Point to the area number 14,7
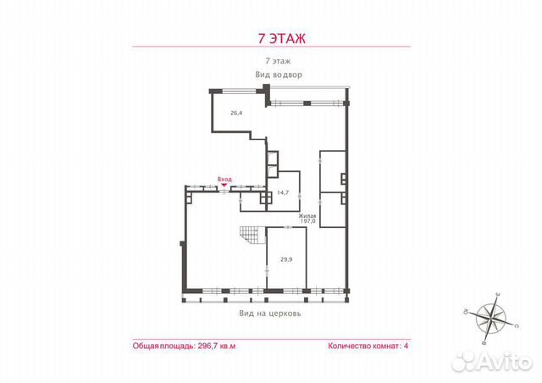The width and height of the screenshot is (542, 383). tap(283, 193)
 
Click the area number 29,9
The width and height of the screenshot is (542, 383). tap(286, 260)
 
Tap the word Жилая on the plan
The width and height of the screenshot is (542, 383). tap(307, 217)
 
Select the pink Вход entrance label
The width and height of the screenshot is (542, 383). tap(224, 179)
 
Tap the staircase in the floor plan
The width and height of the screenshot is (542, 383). tap(250, 241)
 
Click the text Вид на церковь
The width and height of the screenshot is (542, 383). tap(271, 313)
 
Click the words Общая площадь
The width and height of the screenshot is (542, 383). tap(163, 347)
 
